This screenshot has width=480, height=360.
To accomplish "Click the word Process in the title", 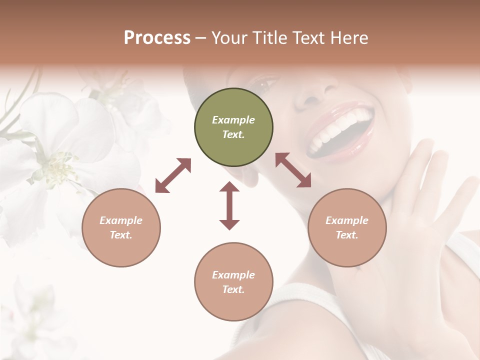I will coord(157,38).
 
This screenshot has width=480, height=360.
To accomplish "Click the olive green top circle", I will coord(233,127).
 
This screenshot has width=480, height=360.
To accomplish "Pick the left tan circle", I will coord(121,227).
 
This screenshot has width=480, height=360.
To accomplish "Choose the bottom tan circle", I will coord(233,281).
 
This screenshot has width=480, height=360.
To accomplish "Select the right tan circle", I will coord(347,227).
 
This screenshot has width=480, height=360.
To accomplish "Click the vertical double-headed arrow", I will coord(229,205).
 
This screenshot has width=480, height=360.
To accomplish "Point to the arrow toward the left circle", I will coord(173,175).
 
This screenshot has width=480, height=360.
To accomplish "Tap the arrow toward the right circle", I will coord(293,170).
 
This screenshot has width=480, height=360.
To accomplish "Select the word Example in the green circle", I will coord(233,120).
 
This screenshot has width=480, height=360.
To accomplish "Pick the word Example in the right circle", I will coord(347,220).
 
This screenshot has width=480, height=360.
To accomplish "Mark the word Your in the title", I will coord(227,38).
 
